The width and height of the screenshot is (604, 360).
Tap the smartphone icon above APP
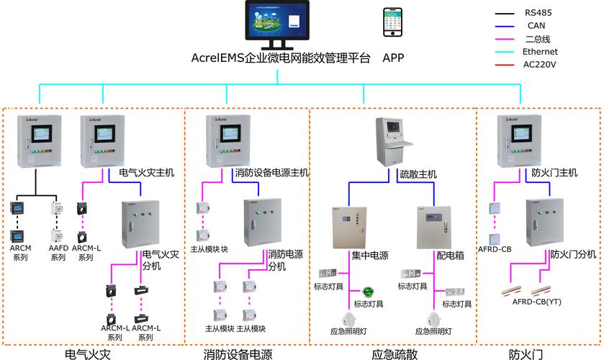coord(393,25)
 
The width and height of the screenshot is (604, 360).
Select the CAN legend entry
coord(536,25)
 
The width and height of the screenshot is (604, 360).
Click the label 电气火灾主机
coord(147,173)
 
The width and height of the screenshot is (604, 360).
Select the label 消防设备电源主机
coord(271,173)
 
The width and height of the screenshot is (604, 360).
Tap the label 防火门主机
coord(554,173)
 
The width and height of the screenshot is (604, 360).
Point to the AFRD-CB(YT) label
coord(536,302)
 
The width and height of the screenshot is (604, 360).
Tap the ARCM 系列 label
coord(19,253)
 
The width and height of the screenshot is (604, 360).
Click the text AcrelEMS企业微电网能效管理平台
coord(281,58)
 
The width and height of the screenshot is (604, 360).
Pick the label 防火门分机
coord(573,254)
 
